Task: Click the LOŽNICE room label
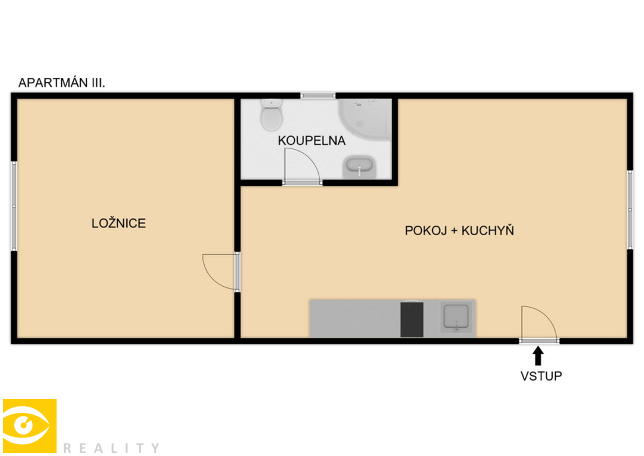pyautogui.click(x=118, y=223)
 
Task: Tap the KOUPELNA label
pyautogui.click(x=312, y=141)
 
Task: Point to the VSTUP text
pyautogui.click(x=541, y=376)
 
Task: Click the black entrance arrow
pyautogui.click(x=538, y=356)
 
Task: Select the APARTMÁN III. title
pyautogui.click(x=62, y=83)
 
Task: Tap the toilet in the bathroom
pyautogui.click(x=271, y=115)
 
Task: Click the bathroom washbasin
pyautogui.click(x=359, y=167)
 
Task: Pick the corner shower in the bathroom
pyautogui.click(x=364, y=119)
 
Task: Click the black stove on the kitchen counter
pyautogui.click(x=411, y=319)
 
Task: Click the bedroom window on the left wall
pyautogui.click(x=14, y=206)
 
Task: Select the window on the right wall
pyautogui.click(x=630, y=210)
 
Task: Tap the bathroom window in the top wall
pyautogui.click(x=318, y=96)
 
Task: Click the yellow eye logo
pyautogui.click(x=30, y=426)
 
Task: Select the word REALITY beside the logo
pyautogui.click(x=112, y=448)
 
